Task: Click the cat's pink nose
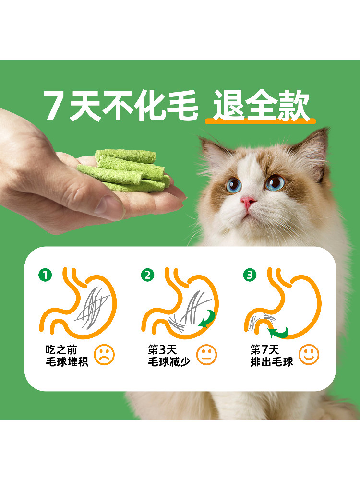249,202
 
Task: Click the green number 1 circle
45,275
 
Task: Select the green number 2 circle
147,275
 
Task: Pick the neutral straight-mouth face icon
206,355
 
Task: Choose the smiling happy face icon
309,355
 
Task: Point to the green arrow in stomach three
277,331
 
